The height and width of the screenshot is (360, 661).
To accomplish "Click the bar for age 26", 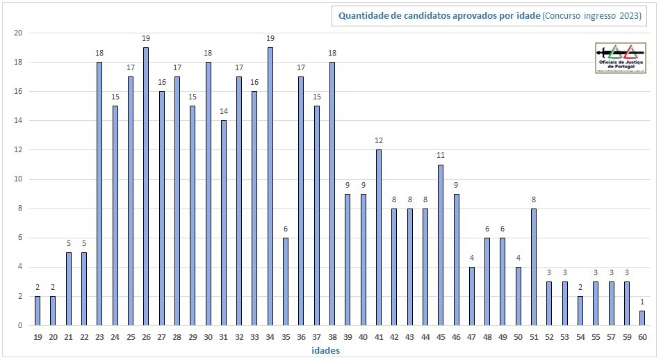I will click(x=146, y=186).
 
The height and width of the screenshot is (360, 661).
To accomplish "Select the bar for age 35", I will click(x=286, y=281).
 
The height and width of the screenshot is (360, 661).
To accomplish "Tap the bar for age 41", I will click(x=379, y=238).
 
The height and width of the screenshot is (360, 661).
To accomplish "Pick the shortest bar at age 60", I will click(x=642, y=318).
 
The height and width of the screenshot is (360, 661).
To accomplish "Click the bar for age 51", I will click(x=534, y=267).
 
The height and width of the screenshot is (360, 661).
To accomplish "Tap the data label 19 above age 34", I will click(x=270, y=39).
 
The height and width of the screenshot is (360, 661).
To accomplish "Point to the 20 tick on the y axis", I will click(x=18, y=33).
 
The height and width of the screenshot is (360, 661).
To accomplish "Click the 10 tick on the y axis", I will click(x=18, y=179).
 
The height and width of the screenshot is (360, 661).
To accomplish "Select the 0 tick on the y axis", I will click(x=20, y=325).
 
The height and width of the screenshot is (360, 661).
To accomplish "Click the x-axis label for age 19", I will click(x=38, y=337).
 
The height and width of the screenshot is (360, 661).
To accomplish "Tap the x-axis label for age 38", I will click(x=332, y=337).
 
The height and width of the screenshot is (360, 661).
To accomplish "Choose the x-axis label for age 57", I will click(x=612, y=337).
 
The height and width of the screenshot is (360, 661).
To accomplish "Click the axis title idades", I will click(x=325, y=351).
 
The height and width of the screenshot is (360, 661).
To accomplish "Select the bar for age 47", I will click(x=472, y=296).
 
